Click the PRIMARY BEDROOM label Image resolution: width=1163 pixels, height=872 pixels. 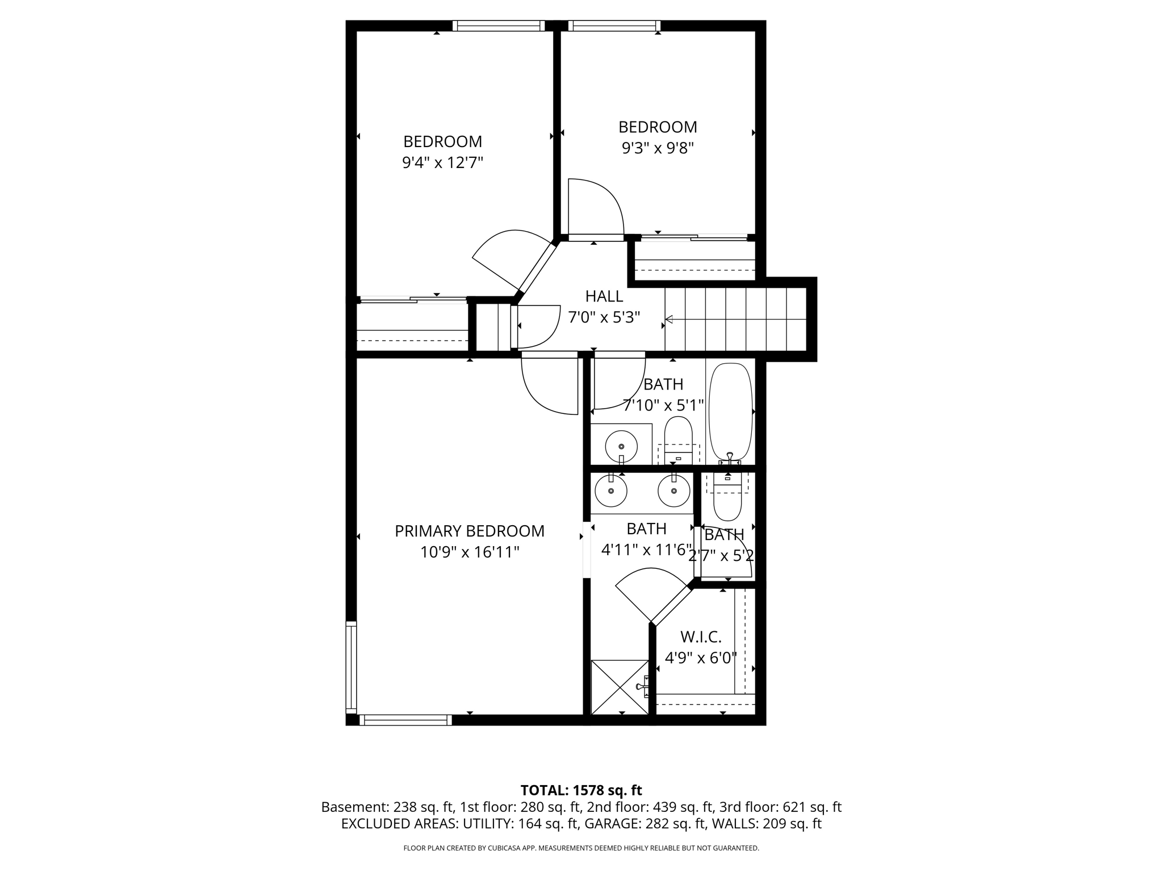(x=469, y=531)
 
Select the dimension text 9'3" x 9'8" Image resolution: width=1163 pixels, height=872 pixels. (x=658, y=149)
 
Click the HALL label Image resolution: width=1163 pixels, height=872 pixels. (x=604, y=296)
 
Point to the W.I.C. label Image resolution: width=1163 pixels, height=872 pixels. (x=700, y=637)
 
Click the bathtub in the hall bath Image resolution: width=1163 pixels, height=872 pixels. (x=730, y=411)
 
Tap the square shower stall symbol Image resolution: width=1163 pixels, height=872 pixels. (x=620, y=687)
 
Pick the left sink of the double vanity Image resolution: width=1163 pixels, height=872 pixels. (x=611, y=491)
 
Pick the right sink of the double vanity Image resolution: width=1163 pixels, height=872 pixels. (x=674, y=491)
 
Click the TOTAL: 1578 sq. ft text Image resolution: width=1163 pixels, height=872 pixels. (x=581, y=790)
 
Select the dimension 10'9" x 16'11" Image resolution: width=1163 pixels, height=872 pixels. (x=470, y=552)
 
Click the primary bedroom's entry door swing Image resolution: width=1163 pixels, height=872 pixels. (x=548, y=383)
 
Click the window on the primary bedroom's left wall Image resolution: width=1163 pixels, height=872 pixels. (x=351, y=667)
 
